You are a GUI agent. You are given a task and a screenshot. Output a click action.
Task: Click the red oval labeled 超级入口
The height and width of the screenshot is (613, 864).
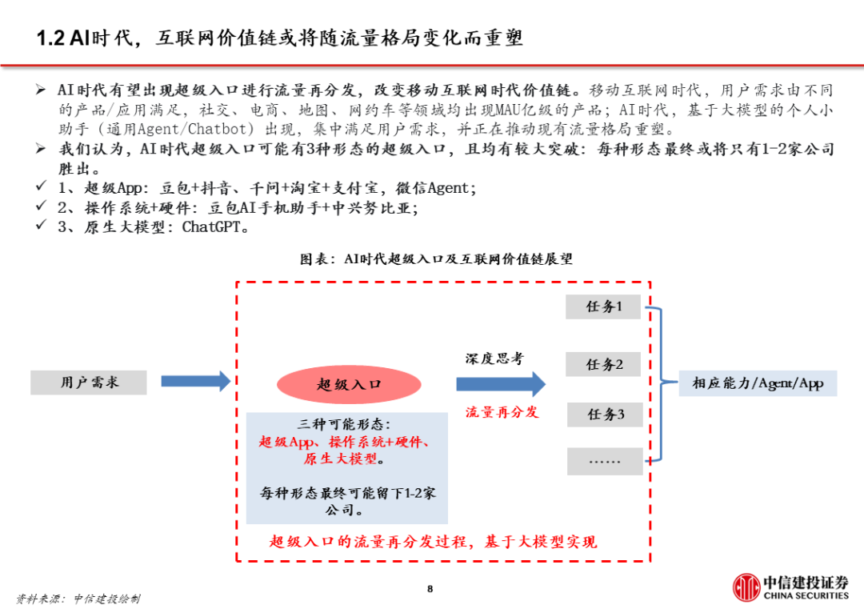coord(349,384)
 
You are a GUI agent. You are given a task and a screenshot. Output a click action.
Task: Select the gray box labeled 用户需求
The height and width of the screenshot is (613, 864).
coord(89,383)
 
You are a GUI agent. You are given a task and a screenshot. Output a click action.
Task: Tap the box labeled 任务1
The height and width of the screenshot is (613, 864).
coord(603,306)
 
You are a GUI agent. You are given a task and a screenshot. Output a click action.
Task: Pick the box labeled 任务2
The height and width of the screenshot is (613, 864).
coord(604,365)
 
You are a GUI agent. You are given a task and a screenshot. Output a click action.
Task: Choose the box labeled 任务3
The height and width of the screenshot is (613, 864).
coord(605,415)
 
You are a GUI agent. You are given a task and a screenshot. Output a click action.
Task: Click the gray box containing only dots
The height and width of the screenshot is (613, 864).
coord(605,462)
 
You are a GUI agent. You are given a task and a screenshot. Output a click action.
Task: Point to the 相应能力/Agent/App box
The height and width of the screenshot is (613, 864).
coord(757,383)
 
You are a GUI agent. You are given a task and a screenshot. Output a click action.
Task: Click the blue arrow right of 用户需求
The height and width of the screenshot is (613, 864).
coord(194,382)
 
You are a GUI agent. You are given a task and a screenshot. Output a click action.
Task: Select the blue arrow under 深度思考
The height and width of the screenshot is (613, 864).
coord(500,385)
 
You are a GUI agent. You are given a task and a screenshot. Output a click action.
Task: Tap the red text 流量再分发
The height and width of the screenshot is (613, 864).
coord(502,412)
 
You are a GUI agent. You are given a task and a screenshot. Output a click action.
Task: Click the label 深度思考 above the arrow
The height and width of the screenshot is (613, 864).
coord(494,359)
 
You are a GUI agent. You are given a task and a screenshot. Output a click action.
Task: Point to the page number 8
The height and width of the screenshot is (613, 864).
coord(430,589)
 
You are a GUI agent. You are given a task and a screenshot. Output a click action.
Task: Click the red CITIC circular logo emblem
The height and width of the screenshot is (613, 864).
coord(746,587)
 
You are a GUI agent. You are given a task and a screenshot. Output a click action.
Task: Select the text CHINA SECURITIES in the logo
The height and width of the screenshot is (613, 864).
coord(806,595)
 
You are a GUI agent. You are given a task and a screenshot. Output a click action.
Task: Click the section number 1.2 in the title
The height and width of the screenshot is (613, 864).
coord(50,38)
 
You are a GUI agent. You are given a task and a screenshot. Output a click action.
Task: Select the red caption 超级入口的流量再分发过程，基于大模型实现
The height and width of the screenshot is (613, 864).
coord(433,543)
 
